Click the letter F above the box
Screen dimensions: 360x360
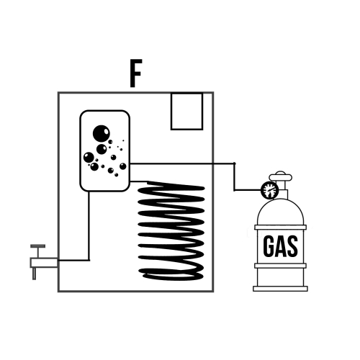(x=136, y=73)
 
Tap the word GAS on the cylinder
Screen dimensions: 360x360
(x=280, y=246)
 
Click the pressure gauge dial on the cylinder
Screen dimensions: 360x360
(x=269, y=190)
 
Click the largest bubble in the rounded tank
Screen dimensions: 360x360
(x=102, y=133)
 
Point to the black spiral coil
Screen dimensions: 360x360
(x=171, y=231)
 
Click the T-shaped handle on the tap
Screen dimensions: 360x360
(x=38, y=251)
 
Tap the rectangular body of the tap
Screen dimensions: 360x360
(x=44, y=263)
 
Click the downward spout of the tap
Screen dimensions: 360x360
(x=34, y=274)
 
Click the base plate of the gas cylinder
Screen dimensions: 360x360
(x=280, y=289)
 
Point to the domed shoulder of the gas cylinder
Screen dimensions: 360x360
(x=280, y=212)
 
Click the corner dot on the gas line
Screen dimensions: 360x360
(x=235, y=163)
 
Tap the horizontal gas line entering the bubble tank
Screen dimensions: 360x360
(x=182, y=163)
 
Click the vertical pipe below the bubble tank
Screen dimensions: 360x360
(x=89, y=225)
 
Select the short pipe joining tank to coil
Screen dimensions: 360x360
(x=139, y=181)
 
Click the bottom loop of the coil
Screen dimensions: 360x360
(x=172, y=275)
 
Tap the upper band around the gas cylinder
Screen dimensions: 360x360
(x=280, y=228)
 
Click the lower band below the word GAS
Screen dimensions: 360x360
(x=280, y=266)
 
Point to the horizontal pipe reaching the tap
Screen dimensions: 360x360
(x=73, y=260)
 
